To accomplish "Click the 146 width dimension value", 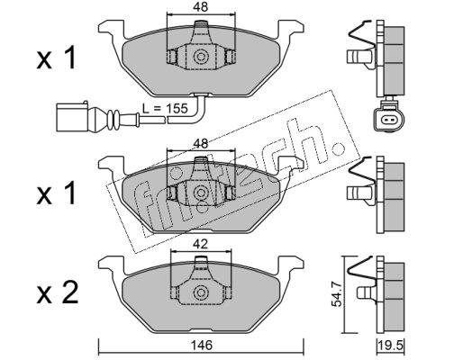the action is (x=201, y=346).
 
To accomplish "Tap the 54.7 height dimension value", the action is (x=337, y=297).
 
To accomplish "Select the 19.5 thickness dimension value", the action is (x=392, y=346).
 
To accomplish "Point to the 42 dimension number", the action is (x=201, y=245).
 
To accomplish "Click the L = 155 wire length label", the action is (x=165, y=108).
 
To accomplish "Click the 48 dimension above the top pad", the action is (x=201, y=7).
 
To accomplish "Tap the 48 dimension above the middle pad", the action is (x=201, y=144).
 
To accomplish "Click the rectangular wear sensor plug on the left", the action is (x=72, y=116).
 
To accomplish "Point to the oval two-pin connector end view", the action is (x=389, y=120).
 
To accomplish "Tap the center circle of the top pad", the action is (x=201, y=57).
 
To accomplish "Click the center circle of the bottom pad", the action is (x=201, y=292).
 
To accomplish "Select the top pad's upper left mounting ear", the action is (x=111, y=30).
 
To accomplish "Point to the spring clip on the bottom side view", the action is (x=361, y=269).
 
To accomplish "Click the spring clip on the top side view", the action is (x=361, y=33).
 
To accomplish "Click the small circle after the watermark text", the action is (x=338, y=148).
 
